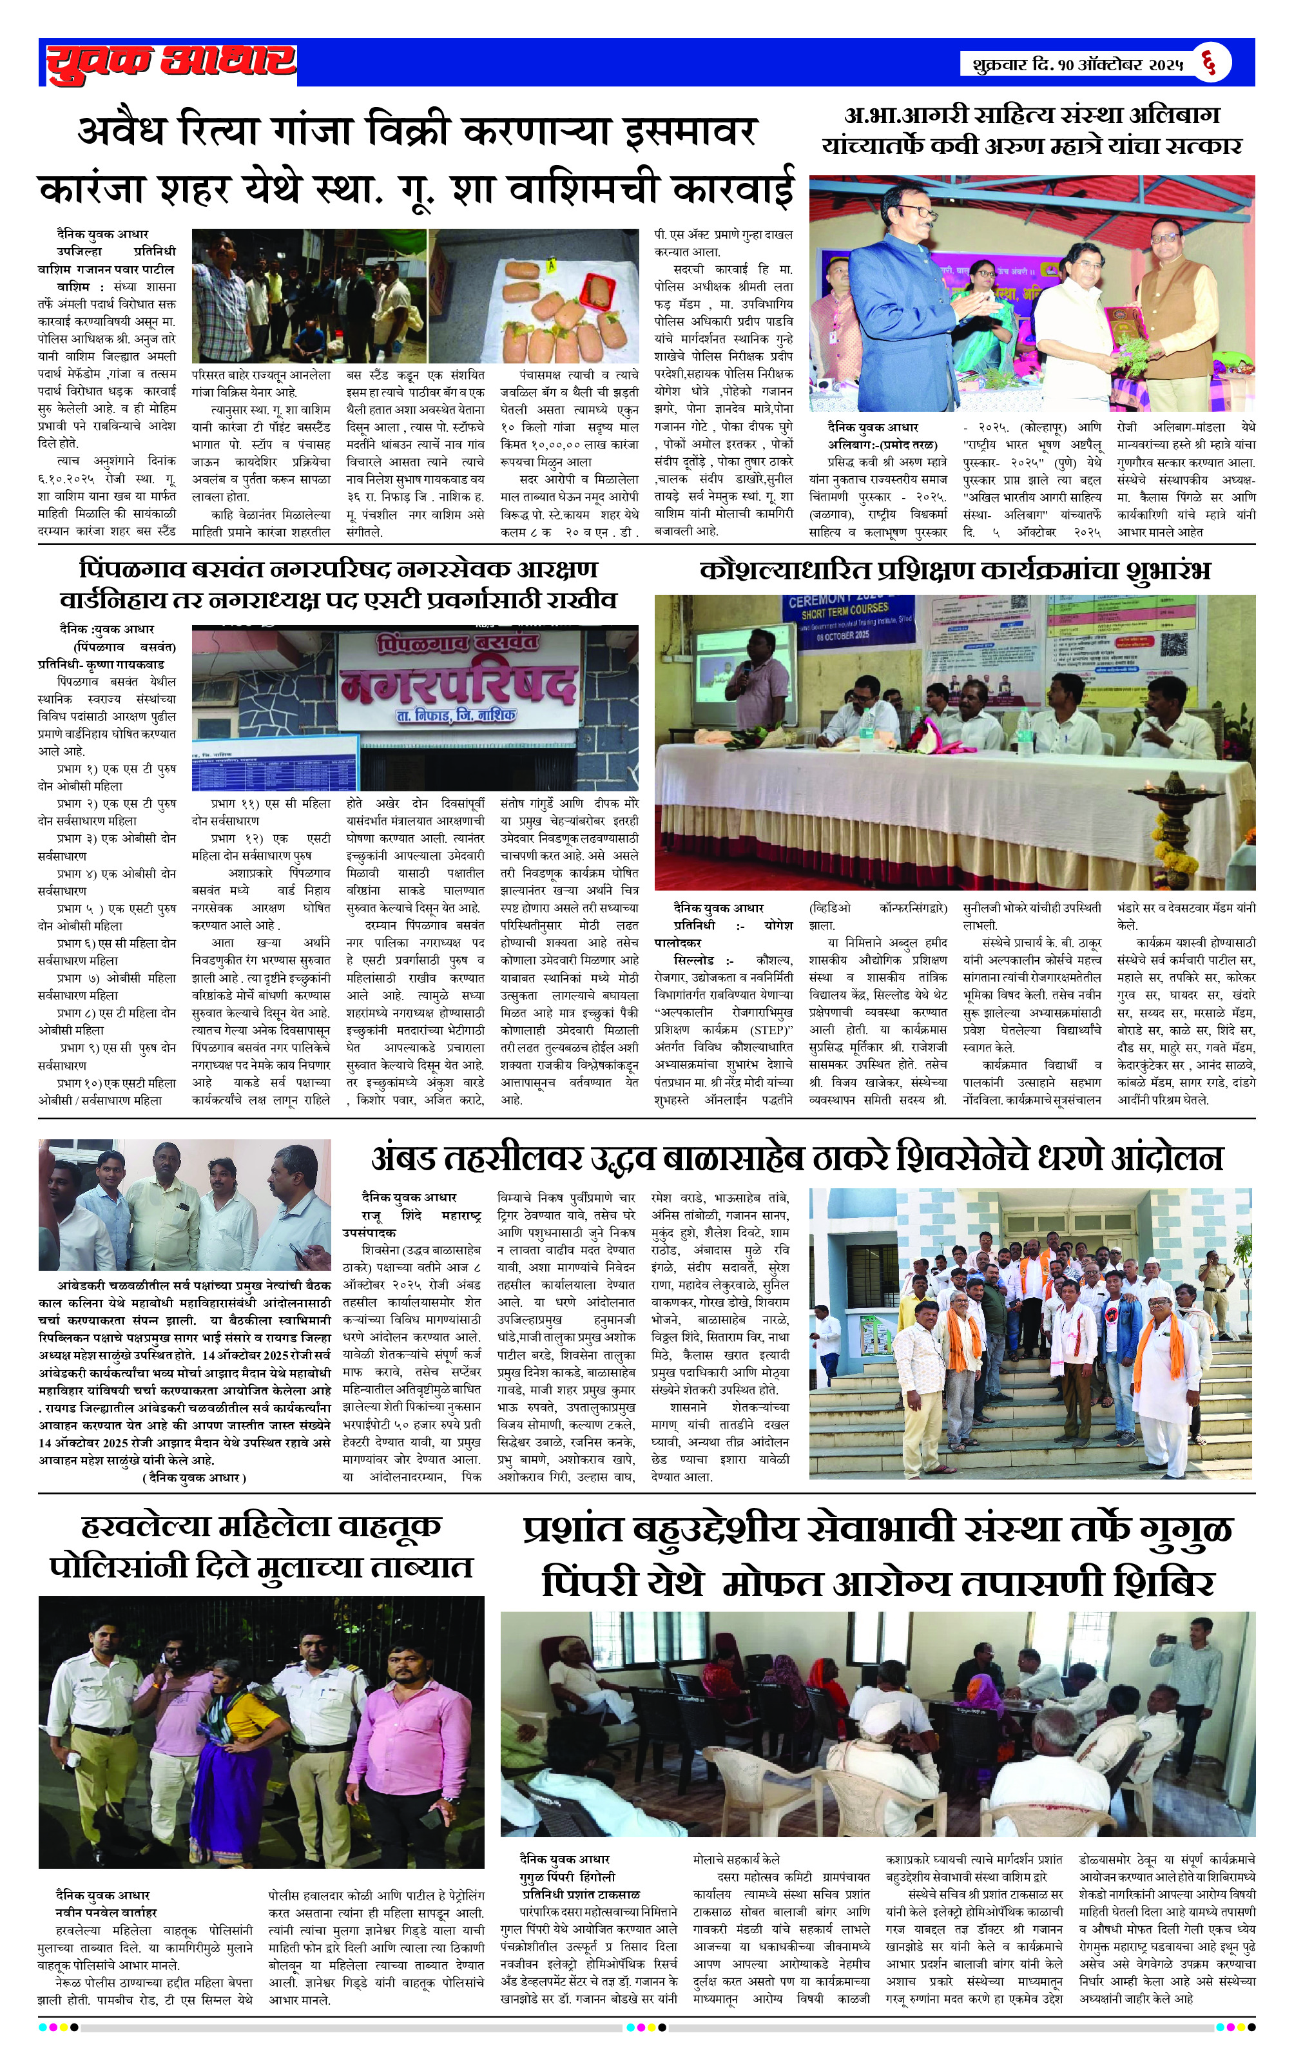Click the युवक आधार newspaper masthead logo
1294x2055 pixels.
pos(171,61)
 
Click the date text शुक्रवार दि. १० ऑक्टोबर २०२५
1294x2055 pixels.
pos(1077,64)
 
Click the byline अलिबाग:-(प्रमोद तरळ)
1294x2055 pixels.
pos(882,445)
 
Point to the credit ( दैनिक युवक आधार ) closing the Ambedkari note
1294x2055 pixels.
pos(194,1477)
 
